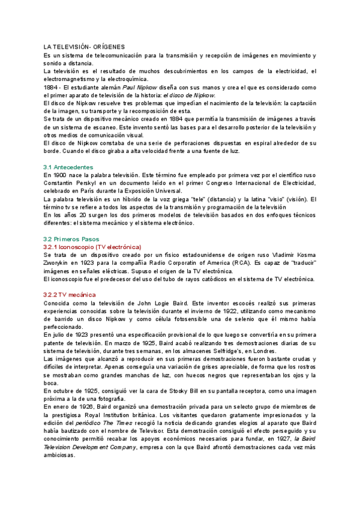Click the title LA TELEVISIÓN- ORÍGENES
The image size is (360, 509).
83,46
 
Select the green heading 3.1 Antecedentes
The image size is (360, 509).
68,166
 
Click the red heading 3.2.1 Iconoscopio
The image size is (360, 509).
92,247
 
